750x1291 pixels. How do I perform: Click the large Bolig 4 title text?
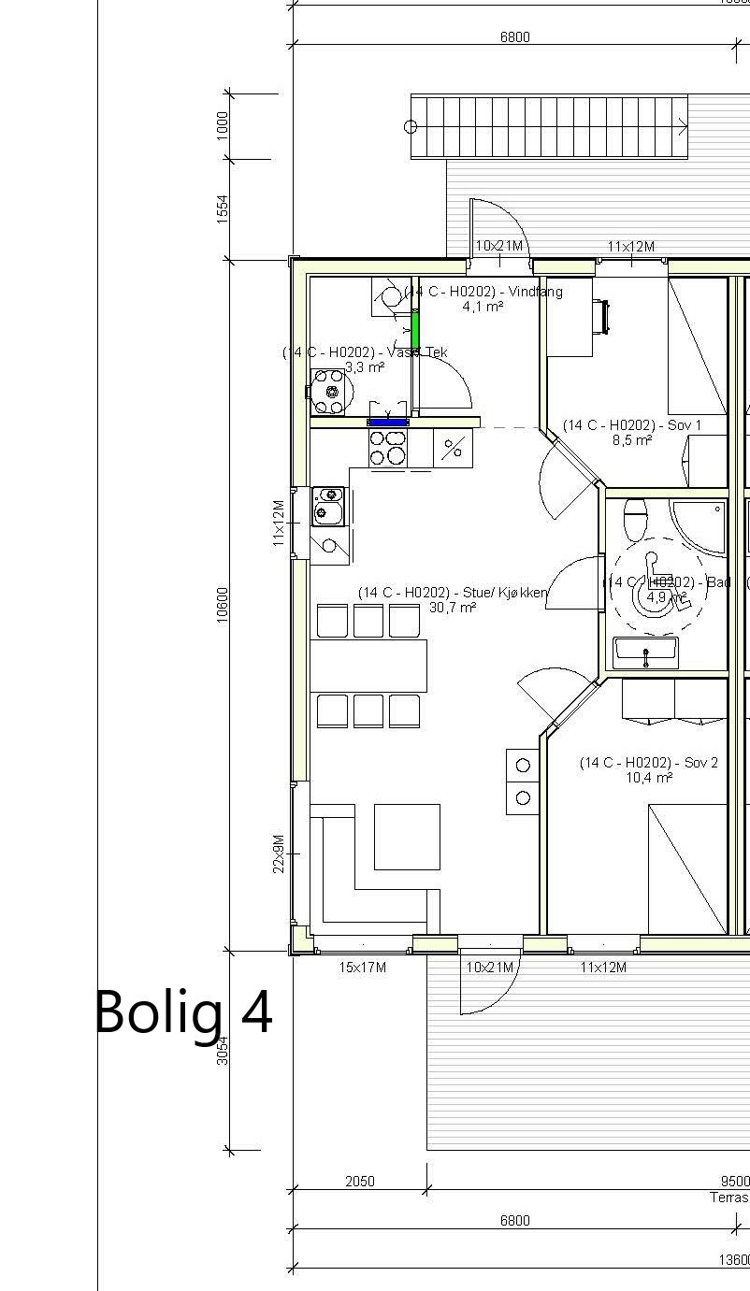183,1011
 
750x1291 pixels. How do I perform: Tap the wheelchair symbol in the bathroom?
658,594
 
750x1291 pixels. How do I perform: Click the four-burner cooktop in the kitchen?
388,448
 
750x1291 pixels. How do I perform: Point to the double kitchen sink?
327,505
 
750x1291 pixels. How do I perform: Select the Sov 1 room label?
631,425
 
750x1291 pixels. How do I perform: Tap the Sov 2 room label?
648,763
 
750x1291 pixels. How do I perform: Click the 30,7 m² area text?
453,608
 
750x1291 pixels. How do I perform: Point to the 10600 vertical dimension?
223,605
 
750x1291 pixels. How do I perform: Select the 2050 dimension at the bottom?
360,1182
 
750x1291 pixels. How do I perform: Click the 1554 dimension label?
223,209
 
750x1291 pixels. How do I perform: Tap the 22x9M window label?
279,853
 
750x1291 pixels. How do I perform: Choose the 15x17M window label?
362,968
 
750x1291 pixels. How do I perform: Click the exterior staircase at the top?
550,126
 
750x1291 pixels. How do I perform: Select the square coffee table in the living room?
407,836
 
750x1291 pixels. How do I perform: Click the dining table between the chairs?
368,666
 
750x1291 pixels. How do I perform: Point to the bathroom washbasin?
646,653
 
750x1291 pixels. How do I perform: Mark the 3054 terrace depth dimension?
223,1051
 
